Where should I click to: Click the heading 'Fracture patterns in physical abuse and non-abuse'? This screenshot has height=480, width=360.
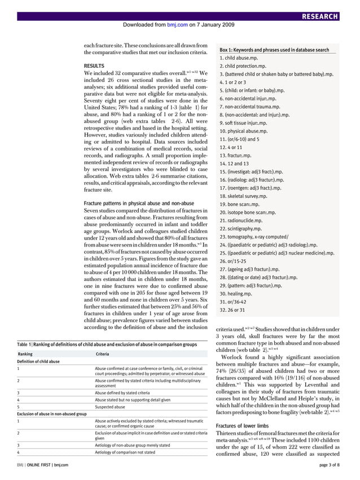tap(138, 202)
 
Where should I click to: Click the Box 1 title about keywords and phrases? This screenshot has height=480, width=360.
tap(274, 50)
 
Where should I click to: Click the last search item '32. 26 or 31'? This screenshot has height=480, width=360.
tap(232, 310)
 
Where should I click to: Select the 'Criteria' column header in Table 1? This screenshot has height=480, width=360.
tap(103, 354)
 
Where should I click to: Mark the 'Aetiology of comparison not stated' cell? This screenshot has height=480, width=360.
tap(125, 452)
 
